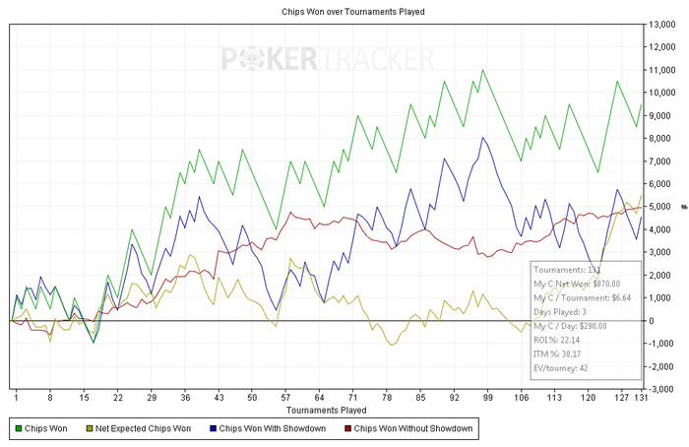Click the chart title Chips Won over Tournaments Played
344,13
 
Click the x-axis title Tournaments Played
326,409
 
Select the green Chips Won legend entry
46,428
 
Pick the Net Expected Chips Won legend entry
143,428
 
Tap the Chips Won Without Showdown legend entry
413,428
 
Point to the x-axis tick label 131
642,397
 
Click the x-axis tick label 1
16,397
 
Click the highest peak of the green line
482,70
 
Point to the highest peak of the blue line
482,138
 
